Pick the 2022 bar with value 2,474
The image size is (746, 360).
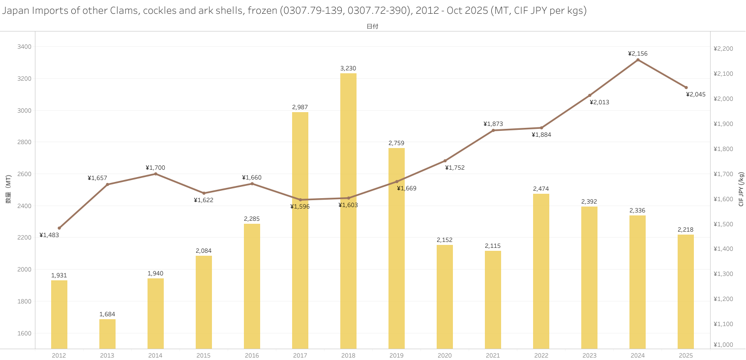(x=541, y=271)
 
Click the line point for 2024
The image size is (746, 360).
(x=638, y=60)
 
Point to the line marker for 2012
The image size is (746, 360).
(x=59, y=228)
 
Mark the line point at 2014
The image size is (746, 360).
(x=155, y=174)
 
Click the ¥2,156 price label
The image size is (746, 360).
(x=638, y=54)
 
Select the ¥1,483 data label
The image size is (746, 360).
(x=49, y=235)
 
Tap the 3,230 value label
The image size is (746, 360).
(x=348, y=68)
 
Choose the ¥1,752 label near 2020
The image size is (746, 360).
(x=455, y=168)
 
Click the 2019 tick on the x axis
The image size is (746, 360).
(x=396, y=356)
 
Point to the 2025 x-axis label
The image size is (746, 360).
(x=686, y=356)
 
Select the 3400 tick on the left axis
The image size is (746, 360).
(x=24, y=47)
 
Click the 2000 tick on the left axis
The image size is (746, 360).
(x=24, y=270)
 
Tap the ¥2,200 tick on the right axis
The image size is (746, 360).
(x=723, y=49)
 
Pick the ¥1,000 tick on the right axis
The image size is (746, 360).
(x=723, y=345)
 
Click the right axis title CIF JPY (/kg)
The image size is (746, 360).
(x=741, y=189)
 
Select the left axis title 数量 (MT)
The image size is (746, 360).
(x=8, y=189)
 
